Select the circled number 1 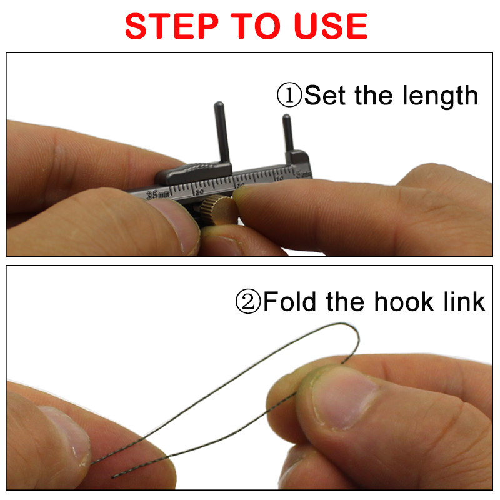(x=289, y=96)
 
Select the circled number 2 (x=248, y=302)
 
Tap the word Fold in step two (x=291, y=301)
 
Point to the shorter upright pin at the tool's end (x=287, y=131)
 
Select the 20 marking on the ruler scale (x=199, y=191)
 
